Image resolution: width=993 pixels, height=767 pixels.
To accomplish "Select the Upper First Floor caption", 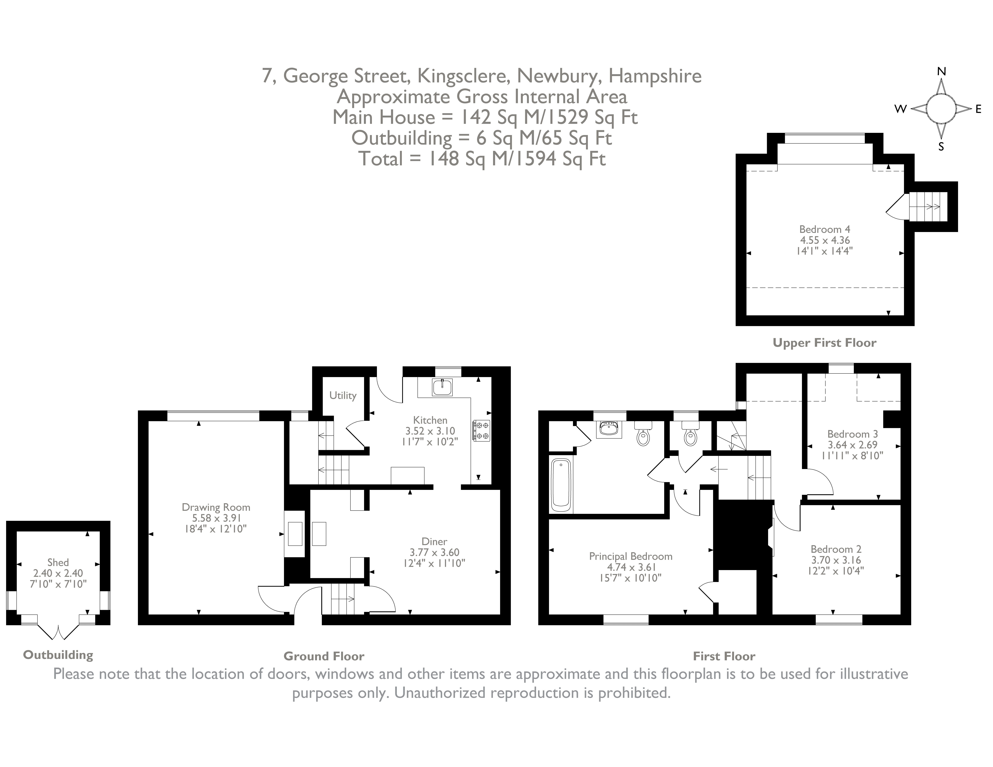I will coord(824,343).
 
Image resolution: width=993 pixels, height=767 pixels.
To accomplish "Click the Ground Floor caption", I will coord(324,656).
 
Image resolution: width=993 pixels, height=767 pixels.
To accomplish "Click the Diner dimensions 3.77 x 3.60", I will coord(434,552).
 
